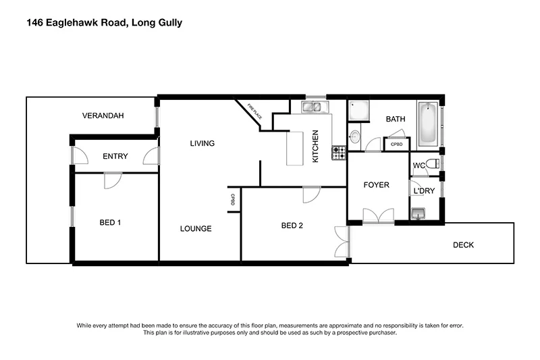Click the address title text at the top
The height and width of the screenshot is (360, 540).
click(x=104, y=23)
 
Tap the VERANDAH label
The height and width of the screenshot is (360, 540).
click(x=103, y=116)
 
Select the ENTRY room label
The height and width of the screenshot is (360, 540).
click(x=115, y=157)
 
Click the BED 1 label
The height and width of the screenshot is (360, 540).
click(x=110, y=222)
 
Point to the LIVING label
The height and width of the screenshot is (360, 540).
click(x=202, y=143)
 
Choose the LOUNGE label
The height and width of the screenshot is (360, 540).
click(x=196, y=228)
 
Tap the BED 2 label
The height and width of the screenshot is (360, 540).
click(x=292, y=226)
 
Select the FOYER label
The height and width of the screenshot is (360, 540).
click(x=376, y=185)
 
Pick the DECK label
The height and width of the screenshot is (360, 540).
click(x=463, y=245)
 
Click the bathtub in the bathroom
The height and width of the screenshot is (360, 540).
click(x=428, y=124)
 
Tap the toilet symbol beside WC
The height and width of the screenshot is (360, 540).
click(x=433, y=163)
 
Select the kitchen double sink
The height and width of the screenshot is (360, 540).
click(x=312, y=106)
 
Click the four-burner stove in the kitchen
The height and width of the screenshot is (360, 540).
click(x=337, y=153)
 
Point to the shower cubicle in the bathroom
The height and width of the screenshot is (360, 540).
click(x=358, y=111)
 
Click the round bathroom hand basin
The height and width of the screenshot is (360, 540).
click(x=355, y=137)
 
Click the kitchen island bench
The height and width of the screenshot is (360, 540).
click(x=295, y=147)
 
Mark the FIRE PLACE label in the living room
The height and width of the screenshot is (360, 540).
click(x=253, y=110)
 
